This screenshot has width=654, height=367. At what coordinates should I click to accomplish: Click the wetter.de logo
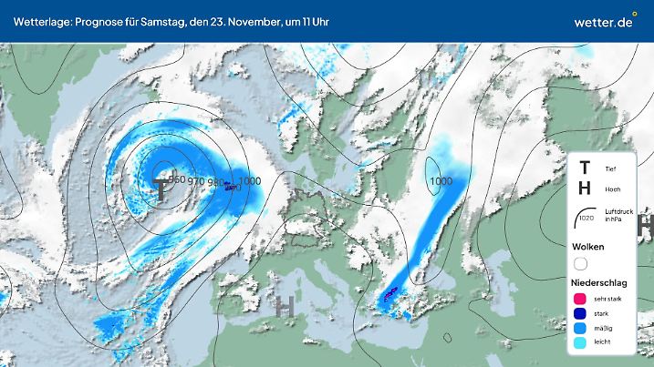(x=604, y=20)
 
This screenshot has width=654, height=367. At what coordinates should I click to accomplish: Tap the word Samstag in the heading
(x=165, y=20)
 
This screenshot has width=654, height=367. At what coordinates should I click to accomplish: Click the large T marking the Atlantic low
(x=161, y=189)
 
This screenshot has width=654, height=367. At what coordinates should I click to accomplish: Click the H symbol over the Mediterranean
(x=285, y=307)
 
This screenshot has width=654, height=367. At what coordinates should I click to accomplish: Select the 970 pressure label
(x=196, y=181)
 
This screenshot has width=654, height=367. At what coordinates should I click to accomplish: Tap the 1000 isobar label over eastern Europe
(x=441, y=181)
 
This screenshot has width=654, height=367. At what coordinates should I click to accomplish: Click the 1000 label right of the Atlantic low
(x=249, y=181)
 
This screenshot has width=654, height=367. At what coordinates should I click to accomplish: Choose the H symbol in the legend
(x=585, y=189)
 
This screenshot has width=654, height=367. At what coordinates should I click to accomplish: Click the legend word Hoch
(x=611, y=189)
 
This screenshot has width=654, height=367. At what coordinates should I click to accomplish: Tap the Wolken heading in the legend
(x=587, y=247)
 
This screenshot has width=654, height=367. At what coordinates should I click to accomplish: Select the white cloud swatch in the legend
(x=580, y=264)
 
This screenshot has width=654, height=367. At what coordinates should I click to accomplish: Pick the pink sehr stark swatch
(x=580, y=298)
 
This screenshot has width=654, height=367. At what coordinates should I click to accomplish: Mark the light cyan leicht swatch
(x=580, y=342)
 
